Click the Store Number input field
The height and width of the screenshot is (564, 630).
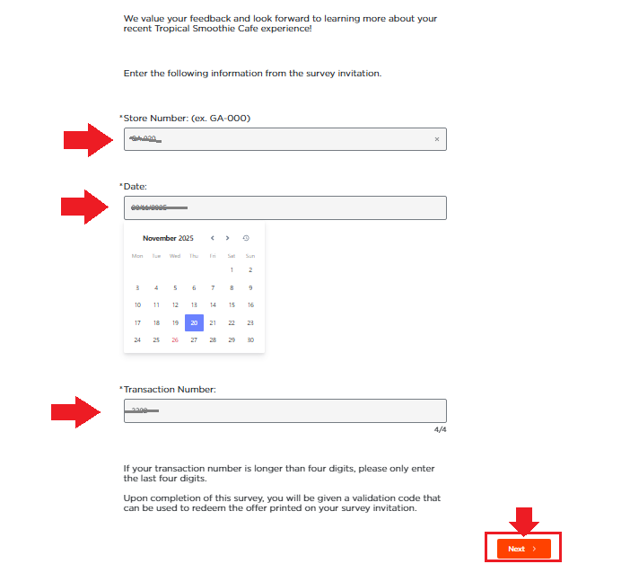(278, 139)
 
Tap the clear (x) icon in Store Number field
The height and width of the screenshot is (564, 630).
(437, 139)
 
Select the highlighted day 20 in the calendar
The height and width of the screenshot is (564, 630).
(194, 322)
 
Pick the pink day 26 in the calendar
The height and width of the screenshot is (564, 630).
(175, 339)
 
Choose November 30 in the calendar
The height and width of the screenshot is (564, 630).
(250, 339)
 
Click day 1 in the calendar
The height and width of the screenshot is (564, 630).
(232, 269)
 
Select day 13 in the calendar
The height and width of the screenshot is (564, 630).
(194, 305)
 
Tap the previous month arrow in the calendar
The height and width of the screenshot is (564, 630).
(213, 238)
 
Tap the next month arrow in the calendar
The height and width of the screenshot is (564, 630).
(228, 238)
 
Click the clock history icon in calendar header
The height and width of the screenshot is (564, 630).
(246, 238)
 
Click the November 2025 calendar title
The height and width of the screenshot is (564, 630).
(168, 238)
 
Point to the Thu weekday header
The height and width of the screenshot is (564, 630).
(194, 256)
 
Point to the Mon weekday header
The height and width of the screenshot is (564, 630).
(137, 256)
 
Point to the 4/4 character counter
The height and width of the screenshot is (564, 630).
(440, 430)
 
